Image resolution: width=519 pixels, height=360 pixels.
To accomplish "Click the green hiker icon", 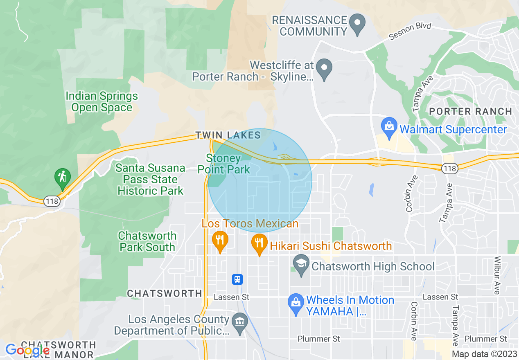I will (x=62, y=178).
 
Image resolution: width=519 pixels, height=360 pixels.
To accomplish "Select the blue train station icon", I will (x=237, y=279).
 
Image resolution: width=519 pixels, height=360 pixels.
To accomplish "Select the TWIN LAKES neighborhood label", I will (x=228, y=135).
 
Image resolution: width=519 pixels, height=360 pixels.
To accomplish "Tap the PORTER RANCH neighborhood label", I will (x=471, y=111).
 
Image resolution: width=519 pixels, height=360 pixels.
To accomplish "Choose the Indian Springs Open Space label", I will (x=102, y=102).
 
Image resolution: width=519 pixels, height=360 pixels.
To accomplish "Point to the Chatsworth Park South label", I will (x=147, y=241).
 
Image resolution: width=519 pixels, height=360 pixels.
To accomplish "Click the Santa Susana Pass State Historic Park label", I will (x=150, y=179).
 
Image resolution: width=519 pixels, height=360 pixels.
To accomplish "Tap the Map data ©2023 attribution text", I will (x=484, y=354).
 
